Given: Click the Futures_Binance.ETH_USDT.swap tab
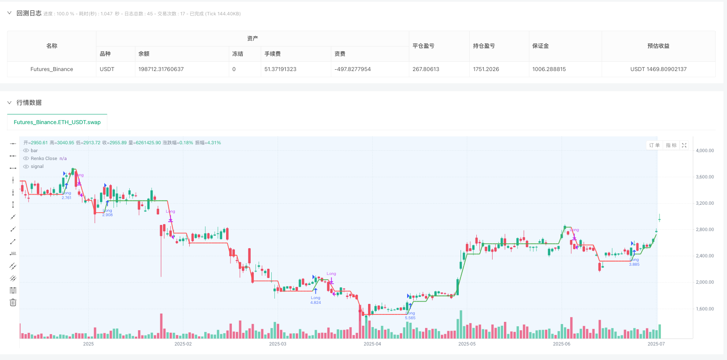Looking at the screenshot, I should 57,122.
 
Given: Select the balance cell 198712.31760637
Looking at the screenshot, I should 161,69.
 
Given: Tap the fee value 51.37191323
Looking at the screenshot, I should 280,69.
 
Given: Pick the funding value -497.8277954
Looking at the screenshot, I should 352,69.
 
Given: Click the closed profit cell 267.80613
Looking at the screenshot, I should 426,69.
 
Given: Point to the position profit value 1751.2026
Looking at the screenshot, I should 486,69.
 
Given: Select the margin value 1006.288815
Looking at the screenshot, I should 549,69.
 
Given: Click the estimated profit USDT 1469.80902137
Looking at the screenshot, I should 658,69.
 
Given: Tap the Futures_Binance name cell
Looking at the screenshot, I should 52,69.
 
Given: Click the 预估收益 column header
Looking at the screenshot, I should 658,46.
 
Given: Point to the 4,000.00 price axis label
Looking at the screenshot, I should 705,150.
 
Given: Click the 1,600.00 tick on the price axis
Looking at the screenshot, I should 705,309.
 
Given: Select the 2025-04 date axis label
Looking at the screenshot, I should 372,344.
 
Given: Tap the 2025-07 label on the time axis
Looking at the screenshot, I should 656,344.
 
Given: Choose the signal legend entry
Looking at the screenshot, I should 37,167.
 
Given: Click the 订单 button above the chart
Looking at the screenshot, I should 654,145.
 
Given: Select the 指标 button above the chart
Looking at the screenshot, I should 671,145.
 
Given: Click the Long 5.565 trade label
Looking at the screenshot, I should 410,316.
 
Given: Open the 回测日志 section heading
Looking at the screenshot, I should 29,13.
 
